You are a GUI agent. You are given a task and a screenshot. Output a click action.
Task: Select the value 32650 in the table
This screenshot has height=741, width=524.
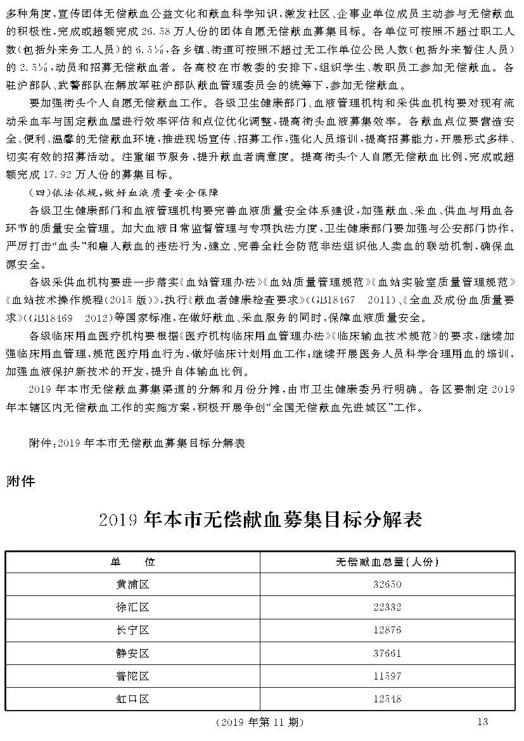387,584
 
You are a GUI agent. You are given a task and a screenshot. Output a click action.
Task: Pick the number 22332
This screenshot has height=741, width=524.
387,607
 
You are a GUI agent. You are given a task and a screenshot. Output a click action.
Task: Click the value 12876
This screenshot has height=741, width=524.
387,630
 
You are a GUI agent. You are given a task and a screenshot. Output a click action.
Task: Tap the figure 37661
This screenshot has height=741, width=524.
387,653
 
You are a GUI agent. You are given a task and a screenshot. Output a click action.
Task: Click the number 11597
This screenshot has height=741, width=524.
387,676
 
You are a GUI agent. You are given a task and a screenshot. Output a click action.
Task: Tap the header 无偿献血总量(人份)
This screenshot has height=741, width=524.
387,561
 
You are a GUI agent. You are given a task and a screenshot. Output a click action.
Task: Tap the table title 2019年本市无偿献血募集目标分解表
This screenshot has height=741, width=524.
261,521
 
